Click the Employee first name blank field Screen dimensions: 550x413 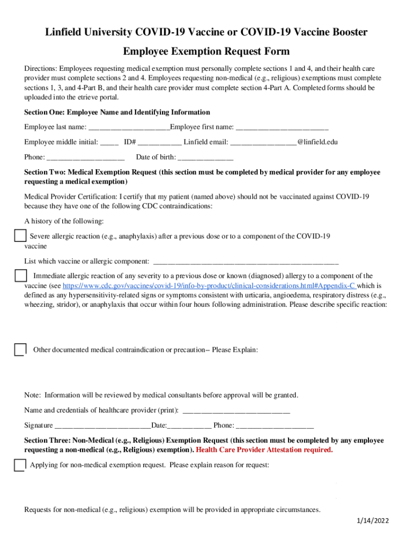coord(282,128)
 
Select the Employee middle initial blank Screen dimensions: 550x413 coord(109,143)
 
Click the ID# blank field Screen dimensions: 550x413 coord(160,143)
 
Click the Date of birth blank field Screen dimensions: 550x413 coord(205,158)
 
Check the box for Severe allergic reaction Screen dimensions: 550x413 coord(20,236)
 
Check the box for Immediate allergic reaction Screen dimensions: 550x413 coord(20,276)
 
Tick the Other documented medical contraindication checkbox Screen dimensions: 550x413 coord(20,350)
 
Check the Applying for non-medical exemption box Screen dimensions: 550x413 coord(19,465)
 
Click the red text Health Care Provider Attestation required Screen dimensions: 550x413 coord(264,450)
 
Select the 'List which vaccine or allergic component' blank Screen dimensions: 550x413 coord(246,262)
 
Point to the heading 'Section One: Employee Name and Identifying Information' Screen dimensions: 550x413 coord(117,112)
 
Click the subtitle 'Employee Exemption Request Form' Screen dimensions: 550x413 coord(206,52)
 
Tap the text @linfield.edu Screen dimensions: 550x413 coord(317,142)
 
